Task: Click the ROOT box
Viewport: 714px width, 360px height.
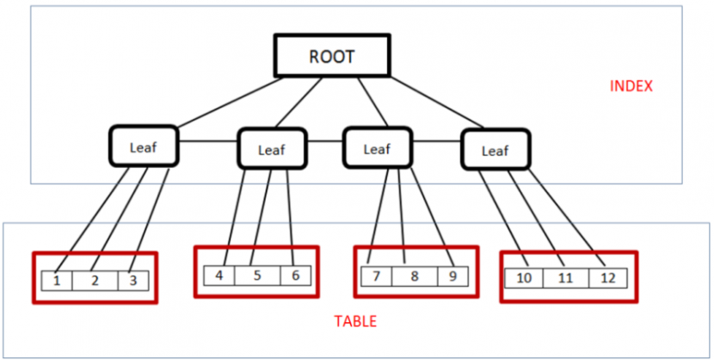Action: click(x=331, y=57)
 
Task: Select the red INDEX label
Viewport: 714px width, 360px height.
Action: click(x=631, y=87)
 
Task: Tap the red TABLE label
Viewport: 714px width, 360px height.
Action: click(x=355, y=322)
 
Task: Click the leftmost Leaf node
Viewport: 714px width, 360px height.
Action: click(x=144, y=146)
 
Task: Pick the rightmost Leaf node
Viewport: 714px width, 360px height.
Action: click(x=495, y=151)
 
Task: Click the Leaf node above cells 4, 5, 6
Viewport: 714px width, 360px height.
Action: click(x=271, y=150)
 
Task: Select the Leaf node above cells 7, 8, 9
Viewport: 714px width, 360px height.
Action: click(x=377, y=148)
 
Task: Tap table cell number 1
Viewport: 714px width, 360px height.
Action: click(x=57, y=280)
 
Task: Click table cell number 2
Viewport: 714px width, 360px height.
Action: click(x=95, y=280)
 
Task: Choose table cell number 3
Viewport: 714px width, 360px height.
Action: click(x=132, y=280)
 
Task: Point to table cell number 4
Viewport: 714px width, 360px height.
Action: click(x=219, y=276)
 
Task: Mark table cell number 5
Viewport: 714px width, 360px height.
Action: click(x=257, y=276)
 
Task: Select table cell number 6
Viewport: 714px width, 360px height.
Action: click(x=295, y=276)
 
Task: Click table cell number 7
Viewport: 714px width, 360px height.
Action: click(x=376, y=276)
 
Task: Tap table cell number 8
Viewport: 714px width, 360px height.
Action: click(x=414, y=276)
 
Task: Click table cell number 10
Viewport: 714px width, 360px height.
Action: click(x=524, y=278)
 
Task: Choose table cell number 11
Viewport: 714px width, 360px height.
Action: click(x=564, y=278)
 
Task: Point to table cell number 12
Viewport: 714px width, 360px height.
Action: click(x=609, y=278)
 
